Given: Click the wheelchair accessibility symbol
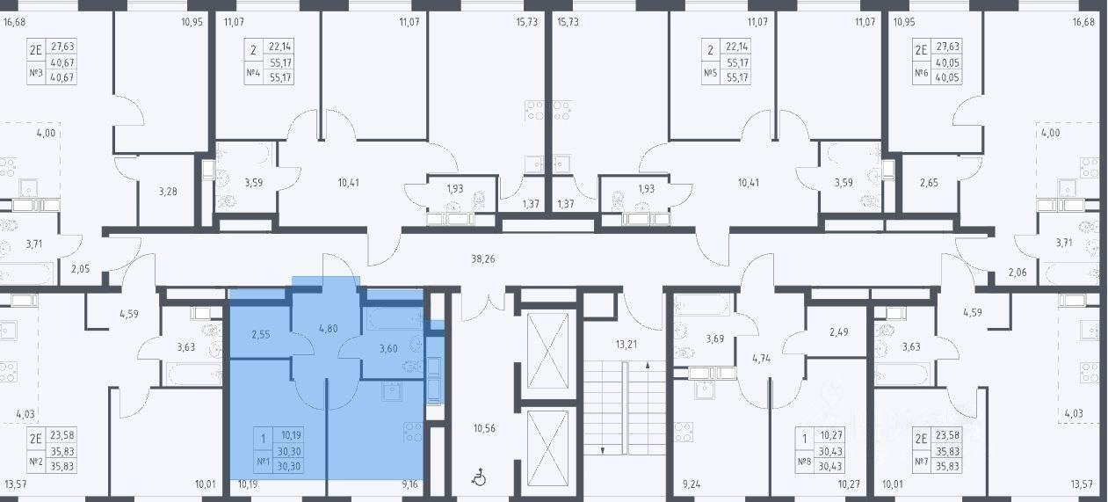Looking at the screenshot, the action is tap(479, 478).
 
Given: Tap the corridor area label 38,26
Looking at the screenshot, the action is tap(482, 259).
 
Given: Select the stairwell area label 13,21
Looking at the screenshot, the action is tap(626, 344).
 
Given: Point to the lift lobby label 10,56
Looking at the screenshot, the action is tap(484, 428).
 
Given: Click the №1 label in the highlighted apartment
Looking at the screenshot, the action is tap(263, 462).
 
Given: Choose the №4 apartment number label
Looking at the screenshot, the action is tap(253, 73).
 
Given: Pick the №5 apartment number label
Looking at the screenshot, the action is tap(710, 73).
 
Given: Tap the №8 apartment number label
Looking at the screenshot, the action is tap(804, 462).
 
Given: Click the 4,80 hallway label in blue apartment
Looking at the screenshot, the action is tap(329, 328).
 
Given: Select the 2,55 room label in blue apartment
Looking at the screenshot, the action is tap(261, 334).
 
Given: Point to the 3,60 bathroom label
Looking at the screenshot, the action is tap(388, 348).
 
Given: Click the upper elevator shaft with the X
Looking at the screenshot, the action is tap(547, 351).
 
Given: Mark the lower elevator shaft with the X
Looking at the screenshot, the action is tap(547, 449).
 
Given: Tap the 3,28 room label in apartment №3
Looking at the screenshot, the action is tap(168, 191).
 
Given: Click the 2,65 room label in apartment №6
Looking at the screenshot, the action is tap(929, 183).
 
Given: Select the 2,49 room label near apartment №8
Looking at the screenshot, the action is tap(839, 331).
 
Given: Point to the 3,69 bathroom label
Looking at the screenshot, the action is tap(714, 339).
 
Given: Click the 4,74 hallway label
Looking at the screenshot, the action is tap(761, 358).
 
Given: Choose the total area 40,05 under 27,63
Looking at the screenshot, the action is tap(947, 62).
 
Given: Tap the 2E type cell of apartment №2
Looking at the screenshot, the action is tap(36, 439).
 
